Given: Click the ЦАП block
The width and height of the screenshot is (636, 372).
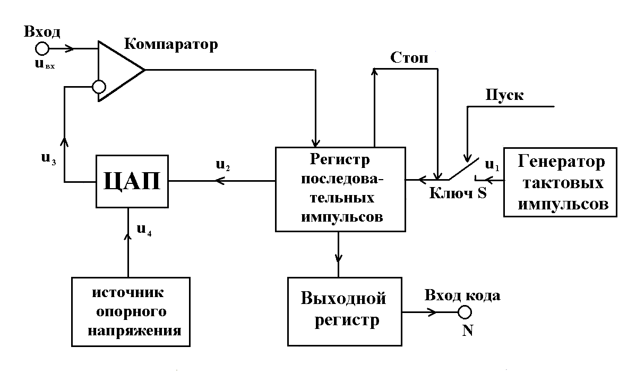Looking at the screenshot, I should click(132, 182).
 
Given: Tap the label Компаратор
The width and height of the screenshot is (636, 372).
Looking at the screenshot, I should click(170, 45).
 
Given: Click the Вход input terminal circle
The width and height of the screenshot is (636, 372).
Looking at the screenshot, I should click(42, 49).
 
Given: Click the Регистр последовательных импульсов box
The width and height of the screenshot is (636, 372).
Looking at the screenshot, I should click(340, 189).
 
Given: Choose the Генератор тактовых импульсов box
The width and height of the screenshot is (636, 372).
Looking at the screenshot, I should click(560, 182).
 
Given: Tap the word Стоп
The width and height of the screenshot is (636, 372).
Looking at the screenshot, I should click(409, 58).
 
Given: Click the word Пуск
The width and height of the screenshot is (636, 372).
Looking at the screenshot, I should click(504, 96).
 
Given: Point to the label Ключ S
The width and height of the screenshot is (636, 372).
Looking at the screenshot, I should click(458, 193).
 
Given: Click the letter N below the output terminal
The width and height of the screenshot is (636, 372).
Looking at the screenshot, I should click(467, 330).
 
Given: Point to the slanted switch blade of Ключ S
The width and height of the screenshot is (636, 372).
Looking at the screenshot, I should click(462, 168).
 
